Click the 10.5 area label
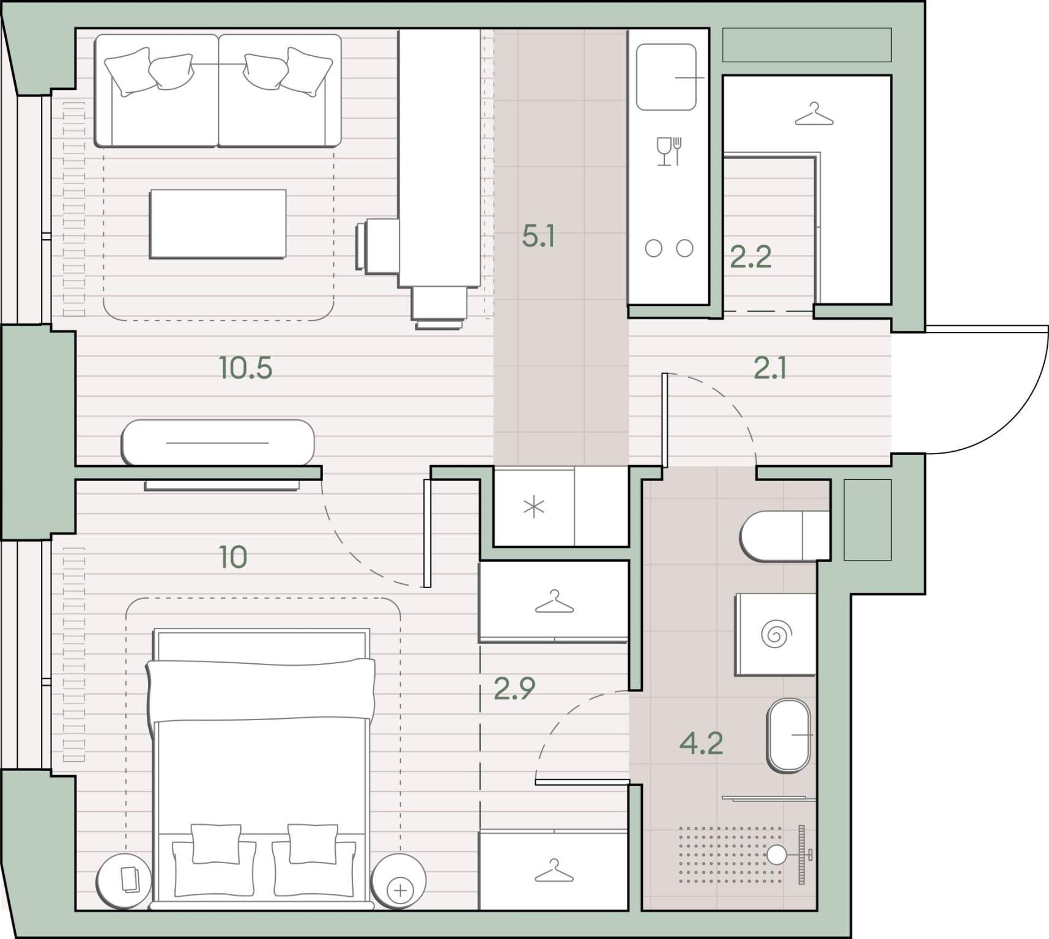pos(245,368)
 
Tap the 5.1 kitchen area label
pos(538,236)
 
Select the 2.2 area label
pos(751,257)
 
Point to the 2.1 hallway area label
pos(769,369)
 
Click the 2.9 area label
pos(514,689)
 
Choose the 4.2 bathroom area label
pos(702,743)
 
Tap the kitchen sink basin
pos(666,77)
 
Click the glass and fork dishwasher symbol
pos(669,151)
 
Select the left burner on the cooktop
pos(653,248)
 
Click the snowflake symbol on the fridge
pos(534,507)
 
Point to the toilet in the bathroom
pos(785,536)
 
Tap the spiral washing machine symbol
pos(776,634)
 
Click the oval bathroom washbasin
pos(789,735)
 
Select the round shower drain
pos(776,855)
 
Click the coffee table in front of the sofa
pos(218,224)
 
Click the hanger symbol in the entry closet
pos(814,114)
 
